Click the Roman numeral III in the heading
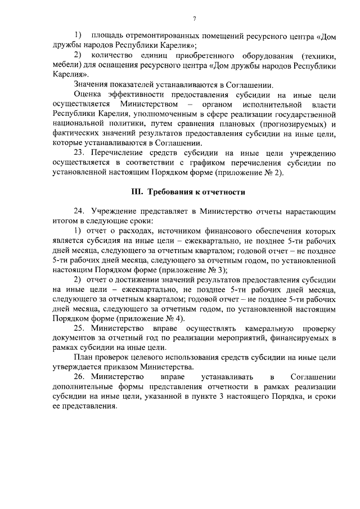pos(136,191)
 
